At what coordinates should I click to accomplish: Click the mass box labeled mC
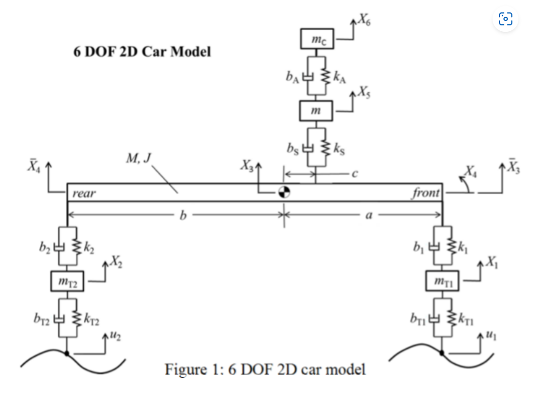[317, 39]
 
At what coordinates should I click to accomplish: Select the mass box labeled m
[317, 111]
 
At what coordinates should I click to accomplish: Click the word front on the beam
[426, 193]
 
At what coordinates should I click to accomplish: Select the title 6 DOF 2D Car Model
[142, 52]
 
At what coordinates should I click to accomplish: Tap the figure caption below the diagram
[265, 370]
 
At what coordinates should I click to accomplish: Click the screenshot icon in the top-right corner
[505, 19]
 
